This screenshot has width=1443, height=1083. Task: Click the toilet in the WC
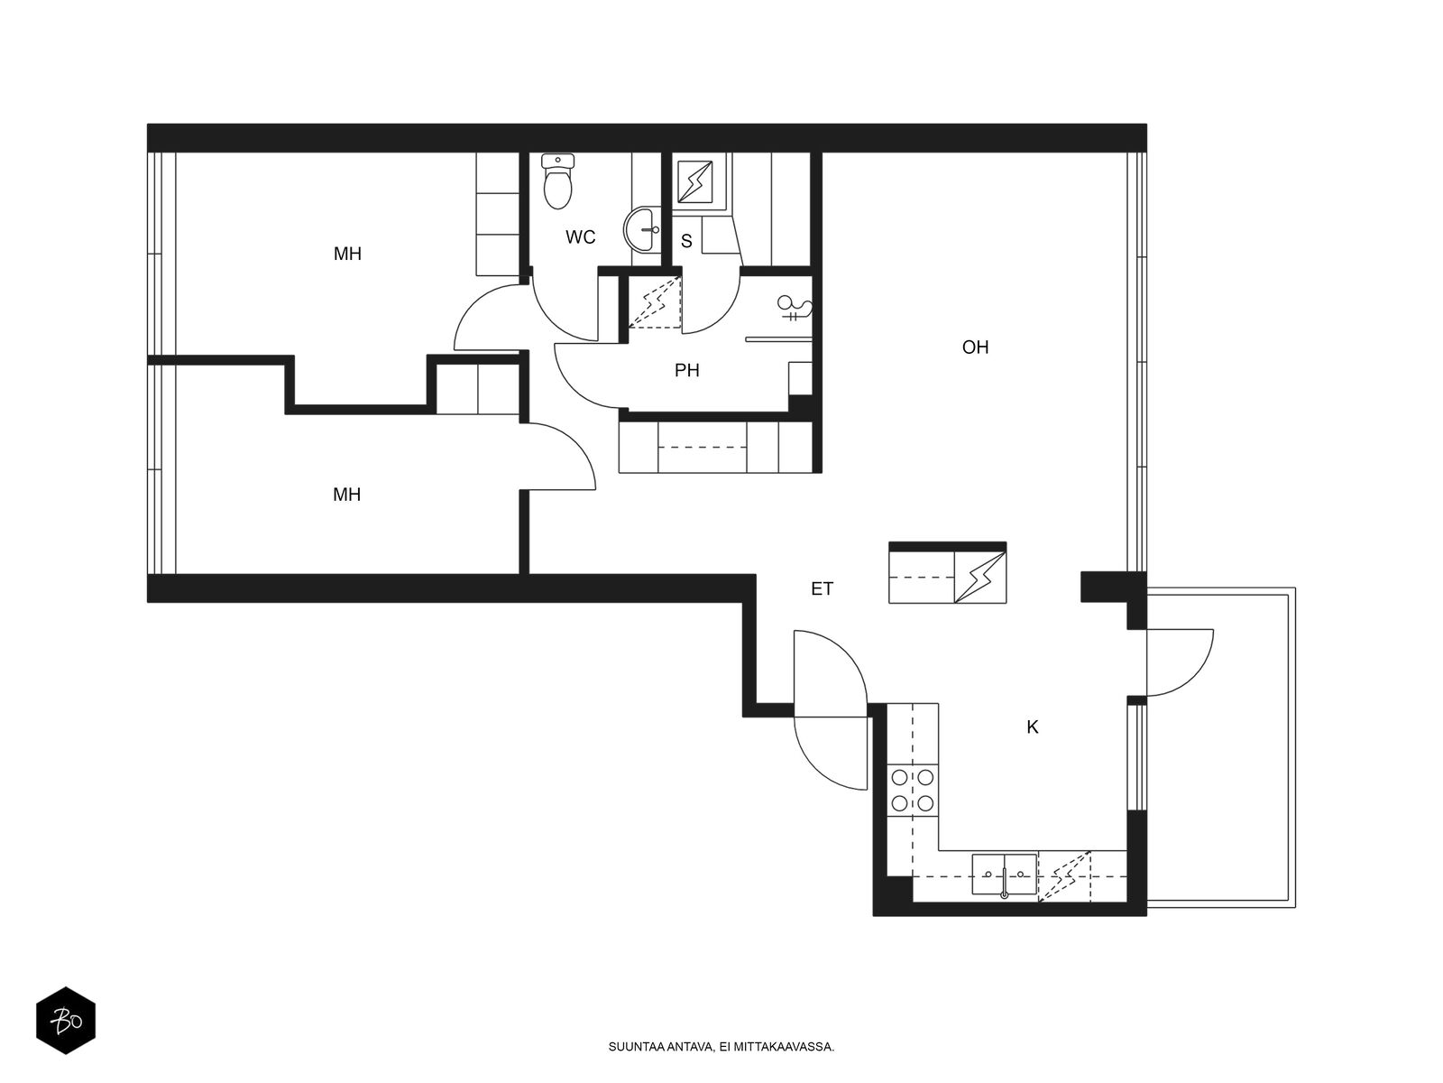[557, 181]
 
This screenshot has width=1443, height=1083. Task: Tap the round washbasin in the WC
[642, 229]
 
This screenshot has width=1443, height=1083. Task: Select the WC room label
[581, 237]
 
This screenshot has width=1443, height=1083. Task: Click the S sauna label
[686, 241]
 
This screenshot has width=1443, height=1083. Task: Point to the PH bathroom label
[687, 371]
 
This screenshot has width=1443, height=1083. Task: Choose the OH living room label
[975, 347]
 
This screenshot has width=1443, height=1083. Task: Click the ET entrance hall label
[823, 589]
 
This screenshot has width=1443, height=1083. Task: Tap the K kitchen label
[1032, 727]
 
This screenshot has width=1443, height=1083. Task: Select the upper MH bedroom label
[348, 254]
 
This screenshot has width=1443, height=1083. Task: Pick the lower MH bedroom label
[347, 495]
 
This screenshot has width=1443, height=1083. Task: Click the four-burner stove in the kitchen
[913, 791]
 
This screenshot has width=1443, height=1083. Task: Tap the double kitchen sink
[1005, 875]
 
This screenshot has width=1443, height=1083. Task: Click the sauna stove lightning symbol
[695, 182]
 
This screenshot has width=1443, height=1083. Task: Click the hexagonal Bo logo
[66, 1021]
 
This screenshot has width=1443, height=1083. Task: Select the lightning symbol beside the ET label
[980, 578]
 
